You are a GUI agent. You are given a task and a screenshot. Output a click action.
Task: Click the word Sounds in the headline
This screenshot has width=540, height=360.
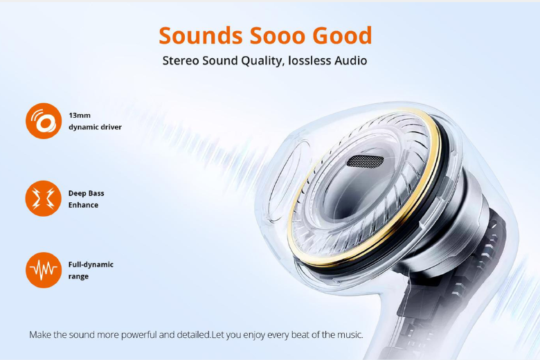tap(201, 35)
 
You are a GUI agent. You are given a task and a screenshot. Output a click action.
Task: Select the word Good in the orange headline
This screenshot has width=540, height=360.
tap(342, 35)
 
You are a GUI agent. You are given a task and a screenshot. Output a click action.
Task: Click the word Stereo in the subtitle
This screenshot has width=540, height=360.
tap(181, 61)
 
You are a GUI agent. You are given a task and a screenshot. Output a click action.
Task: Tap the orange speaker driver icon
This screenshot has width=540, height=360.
tap(44, 121)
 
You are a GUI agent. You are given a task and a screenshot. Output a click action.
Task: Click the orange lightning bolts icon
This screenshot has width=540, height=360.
tap(44, 199)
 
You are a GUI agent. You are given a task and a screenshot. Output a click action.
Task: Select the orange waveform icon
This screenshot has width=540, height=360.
tap(44, 270)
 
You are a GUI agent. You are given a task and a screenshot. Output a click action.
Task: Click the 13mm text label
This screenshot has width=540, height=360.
tap(80, 116)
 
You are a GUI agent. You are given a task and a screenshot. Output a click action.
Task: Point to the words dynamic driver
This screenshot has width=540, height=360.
tap(95, 127)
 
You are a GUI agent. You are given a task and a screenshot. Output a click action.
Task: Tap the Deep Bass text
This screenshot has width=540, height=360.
tap(86, 193)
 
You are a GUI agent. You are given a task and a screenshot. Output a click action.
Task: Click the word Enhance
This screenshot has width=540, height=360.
tap(83, 205)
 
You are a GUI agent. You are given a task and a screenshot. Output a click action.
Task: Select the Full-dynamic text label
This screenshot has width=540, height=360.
tap(91, 264)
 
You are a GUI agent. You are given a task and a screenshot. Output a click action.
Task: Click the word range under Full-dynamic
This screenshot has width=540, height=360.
tap(78, 277)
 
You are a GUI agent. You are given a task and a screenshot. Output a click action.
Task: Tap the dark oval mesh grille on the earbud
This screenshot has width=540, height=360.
tap(366, 161)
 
